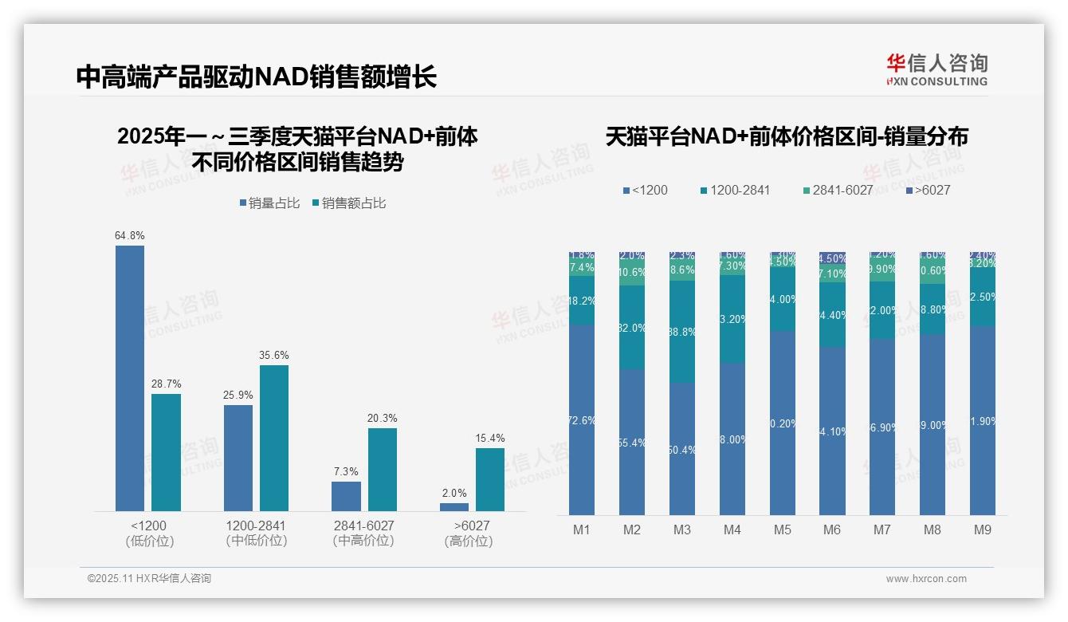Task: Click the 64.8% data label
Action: coord(130,236)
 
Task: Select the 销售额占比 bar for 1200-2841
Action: coord(274,438)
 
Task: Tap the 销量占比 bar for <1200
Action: coord(130,378)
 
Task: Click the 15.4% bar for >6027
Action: coord(490,479)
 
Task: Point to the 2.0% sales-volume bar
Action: coord(454,507)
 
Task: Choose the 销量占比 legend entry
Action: coord(269,203)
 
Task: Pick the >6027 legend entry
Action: coord(928,191)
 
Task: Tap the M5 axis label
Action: coord(783,530)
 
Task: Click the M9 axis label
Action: coord(983,530)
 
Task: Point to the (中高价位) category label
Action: coord(363,541)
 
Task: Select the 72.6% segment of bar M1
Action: coord(582,419)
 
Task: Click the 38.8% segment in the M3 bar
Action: coord(682,331)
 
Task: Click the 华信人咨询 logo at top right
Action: coord(936,69)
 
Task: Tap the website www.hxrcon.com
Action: coord(926,579)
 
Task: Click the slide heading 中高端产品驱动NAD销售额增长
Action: coord(257,77)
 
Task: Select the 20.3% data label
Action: coord(383,419)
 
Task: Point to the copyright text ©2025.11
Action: coord(149,579)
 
